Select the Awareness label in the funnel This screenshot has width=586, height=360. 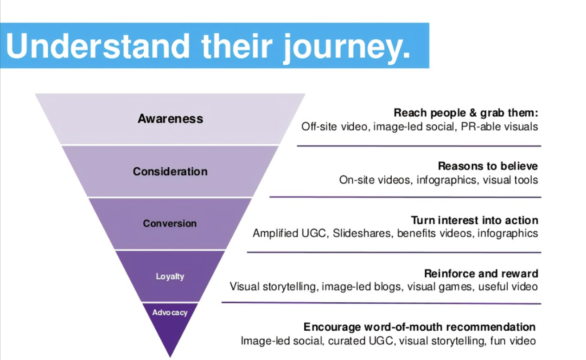170,119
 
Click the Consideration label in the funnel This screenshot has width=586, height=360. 170,171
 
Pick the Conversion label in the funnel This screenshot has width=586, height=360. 170,223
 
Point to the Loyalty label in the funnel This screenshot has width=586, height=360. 170,277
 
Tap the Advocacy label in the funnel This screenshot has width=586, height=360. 170,313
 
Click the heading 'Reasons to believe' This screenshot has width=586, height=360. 488,166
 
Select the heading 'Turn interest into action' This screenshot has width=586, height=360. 474,220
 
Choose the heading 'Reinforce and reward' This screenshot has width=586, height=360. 481,273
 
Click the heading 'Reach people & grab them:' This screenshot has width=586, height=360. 465,113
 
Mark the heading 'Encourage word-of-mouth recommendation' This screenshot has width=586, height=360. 419,327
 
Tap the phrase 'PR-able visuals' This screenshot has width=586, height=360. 499,126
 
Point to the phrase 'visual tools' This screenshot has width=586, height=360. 510,180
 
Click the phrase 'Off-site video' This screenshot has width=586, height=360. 335,126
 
